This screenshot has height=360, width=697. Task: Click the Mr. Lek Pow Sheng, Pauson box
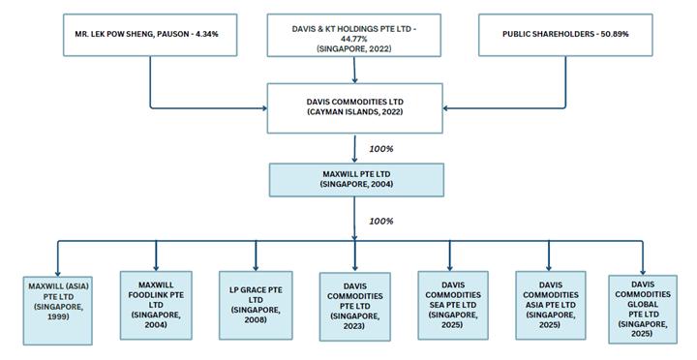[x=150, y=35]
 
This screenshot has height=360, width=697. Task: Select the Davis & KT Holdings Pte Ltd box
[x=354, y=35]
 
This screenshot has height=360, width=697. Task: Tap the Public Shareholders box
[x=565, y=35]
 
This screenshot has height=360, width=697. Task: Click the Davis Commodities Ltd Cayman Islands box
[x=354, y=108]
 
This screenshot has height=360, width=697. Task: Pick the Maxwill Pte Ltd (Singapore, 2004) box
[x=356, y=180]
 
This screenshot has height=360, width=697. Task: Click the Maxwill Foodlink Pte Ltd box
[x=156, y=306]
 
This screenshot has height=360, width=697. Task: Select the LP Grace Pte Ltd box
[x=256, y=306]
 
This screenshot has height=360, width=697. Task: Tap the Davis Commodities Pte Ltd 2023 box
[x=355, y=307]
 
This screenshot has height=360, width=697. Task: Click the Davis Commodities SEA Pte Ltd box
[x=453, y=306]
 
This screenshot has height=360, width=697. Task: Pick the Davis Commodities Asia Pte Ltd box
[x=551, y=306]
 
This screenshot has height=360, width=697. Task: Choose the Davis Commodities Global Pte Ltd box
[x=643, y=310]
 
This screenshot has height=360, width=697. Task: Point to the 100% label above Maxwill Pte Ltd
[x=381, y=149]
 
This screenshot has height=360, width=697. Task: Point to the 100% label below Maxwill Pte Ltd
[x=381, y=221]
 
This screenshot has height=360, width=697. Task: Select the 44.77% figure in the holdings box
[x=354, y=39]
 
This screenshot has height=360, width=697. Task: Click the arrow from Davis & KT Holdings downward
[x=354, y=70]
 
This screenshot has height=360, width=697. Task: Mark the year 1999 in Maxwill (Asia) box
[x=58, y=316]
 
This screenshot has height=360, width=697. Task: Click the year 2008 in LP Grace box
[x=256, y=319]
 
